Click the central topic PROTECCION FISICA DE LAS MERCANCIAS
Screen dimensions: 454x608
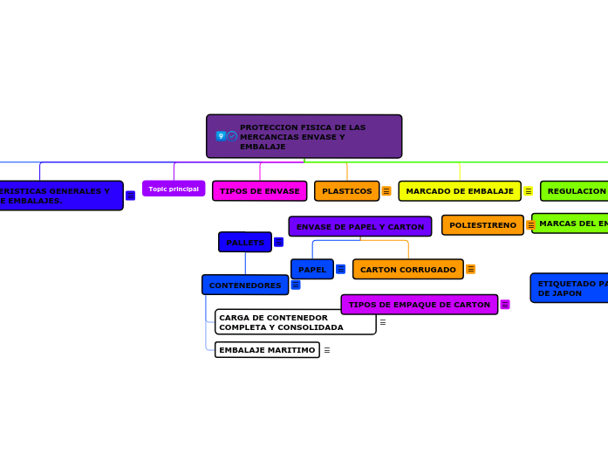(304, 136)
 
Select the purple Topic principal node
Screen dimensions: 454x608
(174, 189)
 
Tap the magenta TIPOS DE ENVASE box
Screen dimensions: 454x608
(259, 191)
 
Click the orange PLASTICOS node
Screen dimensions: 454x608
(346, 191)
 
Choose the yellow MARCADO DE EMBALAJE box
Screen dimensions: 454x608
(459, 191)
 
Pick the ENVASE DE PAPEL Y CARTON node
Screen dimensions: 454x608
(359, 227)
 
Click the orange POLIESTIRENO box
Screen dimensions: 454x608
(482, 225)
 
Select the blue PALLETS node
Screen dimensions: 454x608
(244, 242)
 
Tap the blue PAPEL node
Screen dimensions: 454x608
(311, 270)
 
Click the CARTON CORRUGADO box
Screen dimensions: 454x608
(407, 270)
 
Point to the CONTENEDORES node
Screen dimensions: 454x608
(244, 285)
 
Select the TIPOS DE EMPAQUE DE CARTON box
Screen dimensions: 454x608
(419, 305)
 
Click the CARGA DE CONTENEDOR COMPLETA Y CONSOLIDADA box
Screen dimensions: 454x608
(295, 322)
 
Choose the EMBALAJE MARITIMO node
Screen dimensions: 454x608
(267, 350)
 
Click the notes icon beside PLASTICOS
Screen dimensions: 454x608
(386, 191)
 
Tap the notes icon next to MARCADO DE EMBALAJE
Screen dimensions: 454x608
(528, 191)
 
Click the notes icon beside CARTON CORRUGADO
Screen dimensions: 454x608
(470, 270)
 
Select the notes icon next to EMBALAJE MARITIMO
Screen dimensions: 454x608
(327, 350)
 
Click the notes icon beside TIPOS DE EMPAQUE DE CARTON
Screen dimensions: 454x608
(505, 305)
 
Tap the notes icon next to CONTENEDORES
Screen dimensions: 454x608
(296, 285)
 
